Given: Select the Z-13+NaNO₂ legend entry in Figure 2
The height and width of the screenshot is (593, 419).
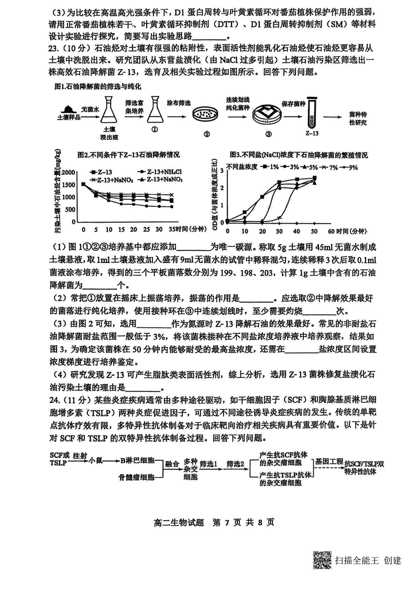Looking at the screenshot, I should [x=108, y=179].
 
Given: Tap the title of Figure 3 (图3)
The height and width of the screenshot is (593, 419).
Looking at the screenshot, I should [x=298, y=156].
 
